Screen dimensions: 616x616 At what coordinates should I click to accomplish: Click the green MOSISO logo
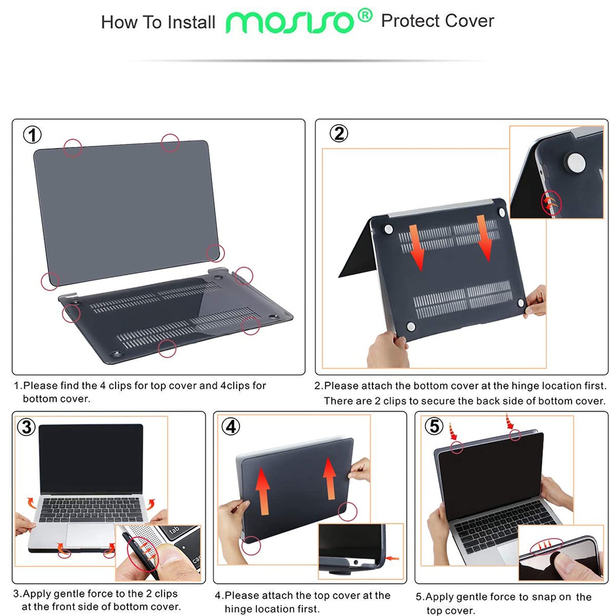click(x=290, y=22)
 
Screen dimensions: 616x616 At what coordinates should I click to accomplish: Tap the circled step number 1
click(x=32, y=135)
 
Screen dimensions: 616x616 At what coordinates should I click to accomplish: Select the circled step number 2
click(x=339, y=134)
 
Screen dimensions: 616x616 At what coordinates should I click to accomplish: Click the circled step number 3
click(x=26, y=427)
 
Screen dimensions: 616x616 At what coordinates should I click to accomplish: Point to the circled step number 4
click(x=231, y=426)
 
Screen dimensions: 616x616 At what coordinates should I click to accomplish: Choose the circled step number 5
click(x=434, y=426)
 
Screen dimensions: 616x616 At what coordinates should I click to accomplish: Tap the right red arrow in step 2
click(x=484, y=238)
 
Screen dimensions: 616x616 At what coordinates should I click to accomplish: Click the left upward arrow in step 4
click(x=263, y=491)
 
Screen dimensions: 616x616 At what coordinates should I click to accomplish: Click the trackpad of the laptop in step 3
click(x=90, y=535)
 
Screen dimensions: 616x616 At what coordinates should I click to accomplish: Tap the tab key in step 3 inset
click(x=174, y=531)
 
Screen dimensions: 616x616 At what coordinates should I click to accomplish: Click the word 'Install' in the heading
click(x=191, y=22)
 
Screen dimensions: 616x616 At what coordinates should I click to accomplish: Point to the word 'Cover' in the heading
click(x=470, y=21)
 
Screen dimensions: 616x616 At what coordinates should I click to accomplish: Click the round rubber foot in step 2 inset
click(x=575, y=164)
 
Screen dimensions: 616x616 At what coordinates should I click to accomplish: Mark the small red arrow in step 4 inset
click(x=393, y=558)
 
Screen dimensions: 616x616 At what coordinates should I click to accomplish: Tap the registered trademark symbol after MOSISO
click(x=365, y=16)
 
